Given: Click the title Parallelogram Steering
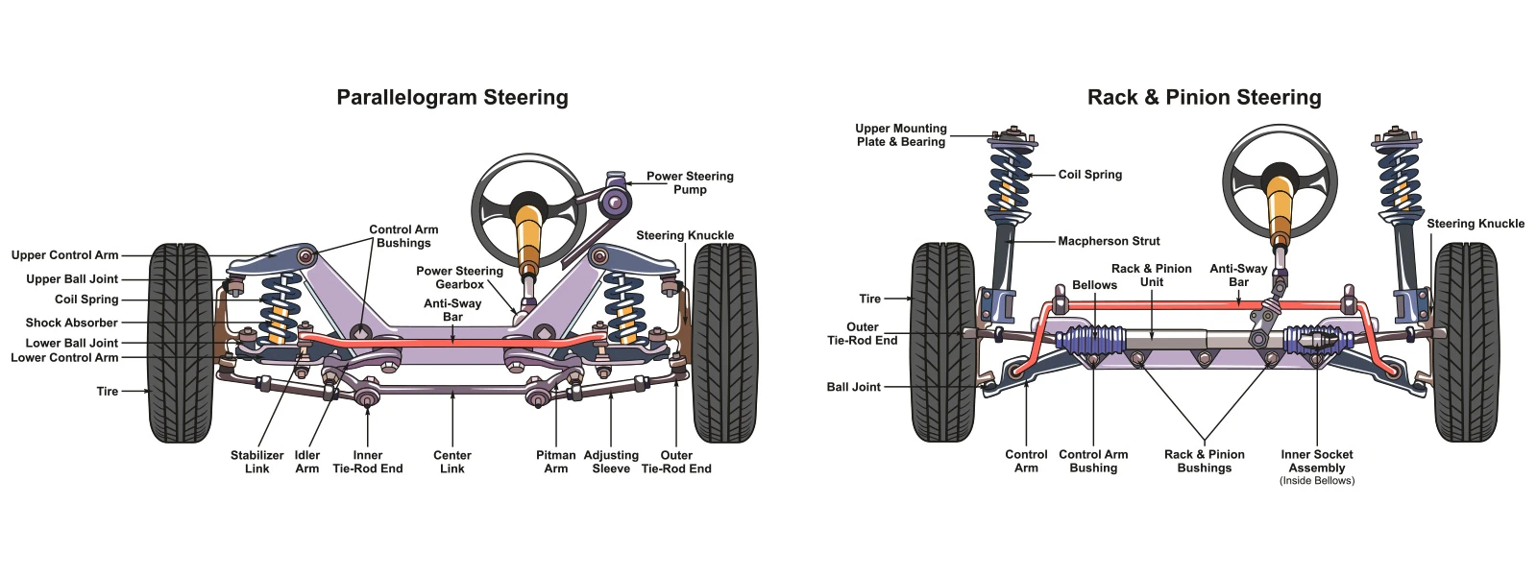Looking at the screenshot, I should [451, 97].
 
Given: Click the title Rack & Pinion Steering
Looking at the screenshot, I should [1204, 97].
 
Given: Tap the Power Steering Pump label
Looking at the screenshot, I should [690, 182].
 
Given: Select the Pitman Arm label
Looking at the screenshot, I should [555, 462].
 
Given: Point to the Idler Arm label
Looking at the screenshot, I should [306, 462].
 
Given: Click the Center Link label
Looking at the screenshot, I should [451, 462].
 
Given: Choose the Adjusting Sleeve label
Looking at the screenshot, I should [611, 462].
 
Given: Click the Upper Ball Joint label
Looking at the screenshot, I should [72, 279].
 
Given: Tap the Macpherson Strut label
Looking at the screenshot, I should [1109, 241].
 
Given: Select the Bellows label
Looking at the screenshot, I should [1094, 285].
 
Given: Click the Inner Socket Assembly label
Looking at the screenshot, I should [1316, 462].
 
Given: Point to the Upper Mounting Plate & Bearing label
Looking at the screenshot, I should [900, 134].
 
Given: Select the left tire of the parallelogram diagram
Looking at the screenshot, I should [181, 342].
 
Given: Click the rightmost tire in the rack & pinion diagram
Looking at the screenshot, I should [1465, 342].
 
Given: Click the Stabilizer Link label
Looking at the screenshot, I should [256, 462].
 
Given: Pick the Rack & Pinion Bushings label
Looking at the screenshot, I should [1204, 461].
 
